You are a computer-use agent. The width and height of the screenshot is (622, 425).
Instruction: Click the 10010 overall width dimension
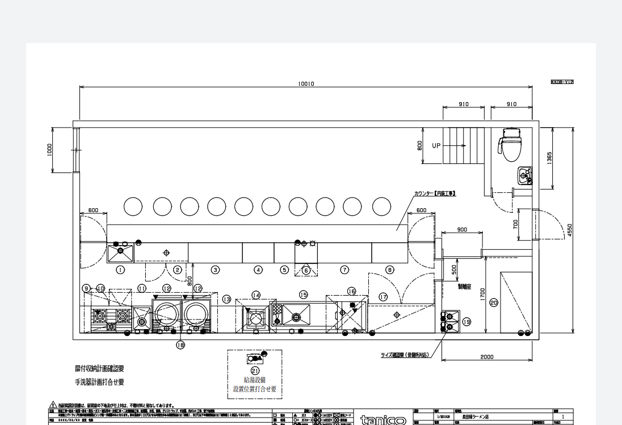(x=306, y=84)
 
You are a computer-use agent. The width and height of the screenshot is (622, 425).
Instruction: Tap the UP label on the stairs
(x=436, y=146)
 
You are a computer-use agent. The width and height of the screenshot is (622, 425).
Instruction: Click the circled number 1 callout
(x=121, y=270)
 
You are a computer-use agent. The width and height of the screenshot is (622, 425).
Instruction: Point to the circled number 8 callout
(x=390, y=270)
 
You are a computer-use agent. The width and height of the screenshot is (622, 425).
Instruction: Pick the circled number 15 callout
(x=304, y=294)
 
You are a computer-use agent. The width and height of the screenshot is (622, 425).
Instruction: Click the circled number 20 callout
(x=493, y=303)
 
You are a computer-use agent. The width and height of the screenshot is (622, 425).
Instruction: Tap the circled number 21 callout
(x=255, y=370)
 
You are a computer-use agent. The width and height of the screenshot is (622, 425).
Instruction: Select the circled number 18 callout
(x=180, y=344)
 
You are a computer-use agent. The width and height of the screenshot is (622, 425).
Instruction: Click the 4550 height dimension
(x=569, y=230)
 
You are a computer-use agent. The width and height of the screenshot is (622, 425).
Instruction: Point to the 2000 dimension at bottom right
(x=486, y=357)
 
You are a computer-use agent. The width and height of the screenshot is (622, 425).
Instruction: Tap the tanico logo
(x=383, y=420)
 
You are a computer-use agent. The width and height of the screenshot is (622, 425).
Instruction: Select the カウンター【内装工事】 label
(x=435, y=193)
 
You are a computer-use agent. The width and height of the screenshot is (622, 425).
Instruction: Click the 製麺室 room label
(x=464, y=287)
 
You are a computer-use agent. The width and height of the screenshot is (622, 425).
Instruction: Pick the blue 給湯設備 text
(x=254, y=380)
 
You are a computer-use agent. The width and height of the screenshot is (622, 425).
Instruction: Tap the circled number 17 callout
(x=383, y=297)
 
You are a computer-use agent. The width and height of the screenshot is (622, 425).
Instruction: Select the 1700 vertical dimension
(x=482, y=294)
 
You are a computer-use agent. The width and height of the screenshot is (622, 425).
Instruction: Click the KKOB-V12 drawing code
(x=562, y=82)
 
